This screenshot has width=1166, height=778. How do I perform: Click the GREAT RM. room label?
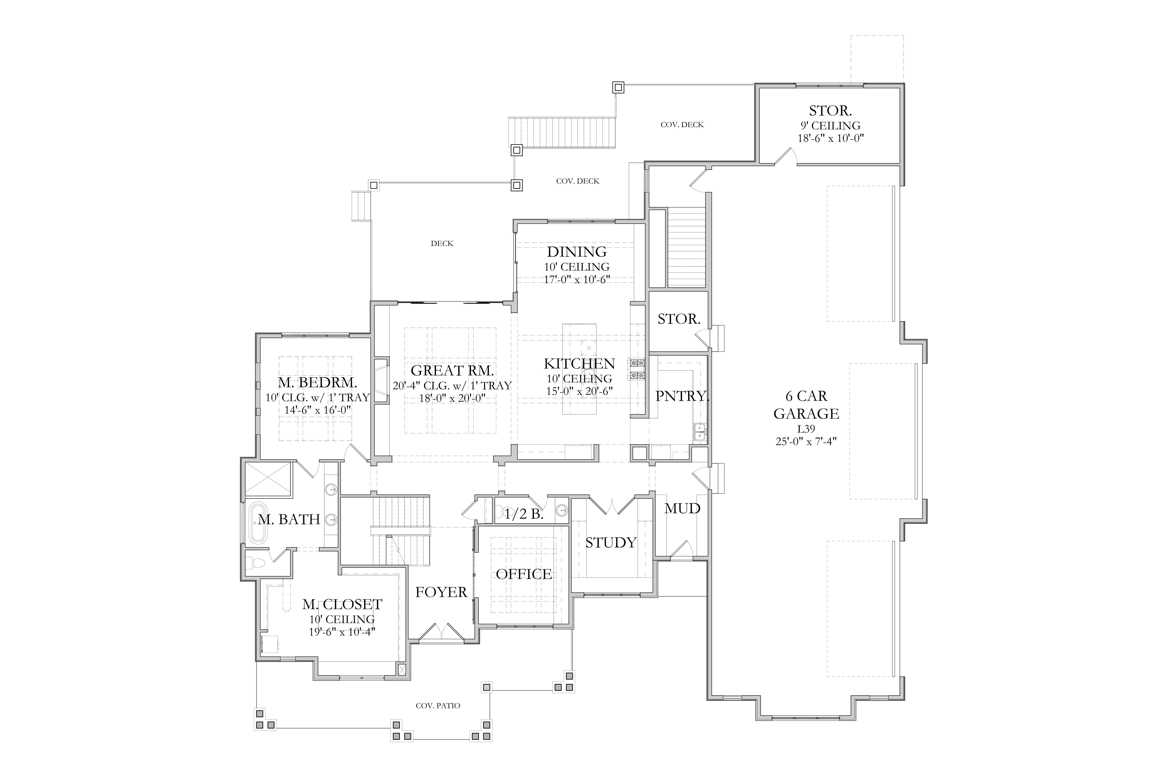coord(452,371)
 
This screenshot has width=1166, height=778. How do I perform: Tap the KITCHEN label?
coord(579,364)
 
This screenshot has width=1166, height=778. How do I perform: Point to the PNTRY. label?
coord(682,396)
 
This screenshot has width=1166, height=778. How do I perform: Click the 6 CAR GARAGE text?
coord(806,405)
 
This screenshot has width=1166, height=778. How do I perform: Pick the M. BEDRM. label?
coord(317,383)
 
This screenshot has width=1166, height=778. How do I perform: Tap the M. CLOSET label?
coord(342,604)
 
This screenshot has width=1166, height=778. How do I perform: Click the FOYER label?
coord(441,592)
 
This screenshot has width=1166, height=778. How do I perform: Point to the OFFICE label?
coord(524,574)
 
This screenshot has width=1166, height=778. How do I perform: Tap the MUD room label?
coord(682,508)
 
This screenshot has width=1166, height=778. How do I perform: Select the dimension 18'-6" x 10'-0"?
coord(830,138)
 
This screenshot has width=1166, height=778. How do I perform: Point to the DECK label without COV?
coord(442,243)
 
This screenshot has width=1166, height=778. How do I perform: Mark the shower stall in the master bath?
coord(268,479)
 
